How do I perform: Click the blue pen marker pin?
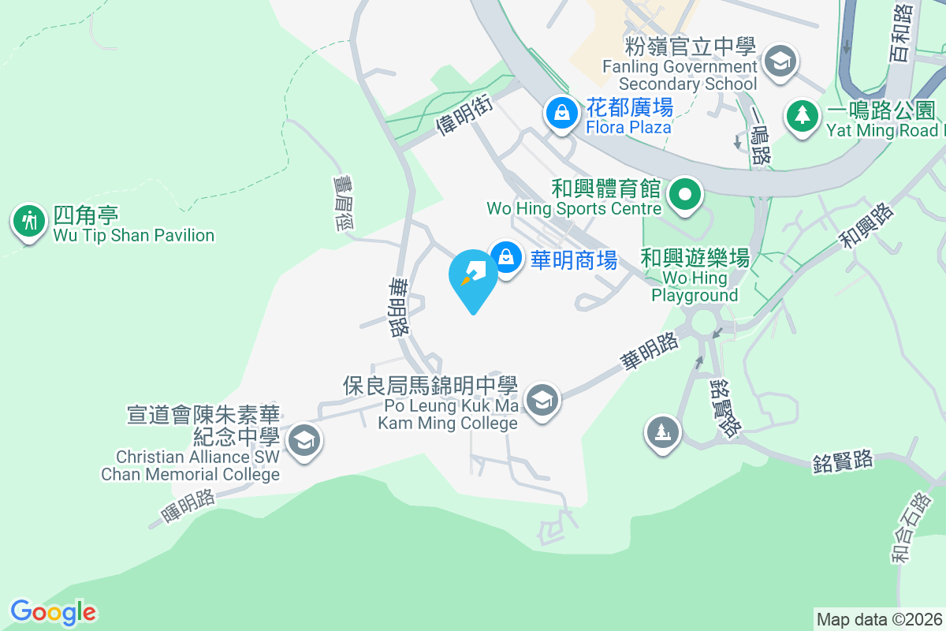473,276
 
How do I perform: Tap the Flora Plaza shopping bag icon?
561,113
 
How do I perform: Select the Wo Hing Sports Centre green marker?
686,195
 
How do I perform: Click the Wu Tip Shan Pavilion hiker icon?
30,222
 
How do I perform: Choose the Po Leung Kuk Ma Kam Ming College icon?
542,400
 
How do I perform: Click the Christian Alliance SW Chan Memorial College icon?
304,440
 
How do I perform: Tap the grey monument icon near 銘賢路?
663,431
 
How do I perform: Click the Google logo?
54,612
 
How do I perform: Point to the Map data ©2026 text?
879,619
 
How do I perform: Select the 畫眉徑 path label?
345,203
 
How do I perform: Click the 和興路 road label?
867,226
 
